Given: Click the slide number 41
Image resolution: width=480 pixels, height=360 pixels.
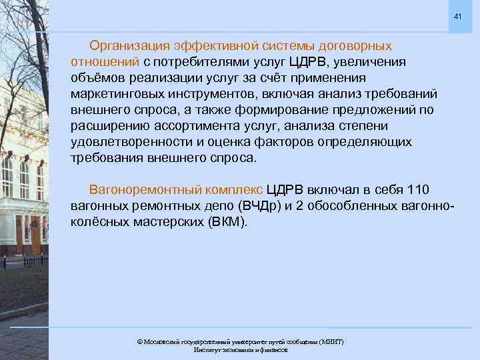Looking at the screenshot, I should pyautogui.click(x=457, y=16).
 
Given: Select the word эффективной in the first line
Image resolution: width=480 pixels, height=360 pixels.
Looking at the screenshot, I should pyautogui.click(x=218, y=46).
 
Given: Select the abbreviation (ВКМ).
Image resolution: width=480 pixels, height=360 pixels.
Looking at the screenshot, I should pyautogui.click(x=227, y=221).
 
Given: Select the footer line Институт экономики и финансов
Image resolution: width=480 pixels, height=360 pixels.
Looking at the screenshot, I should pyautogui.click(x=240, y=349).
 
